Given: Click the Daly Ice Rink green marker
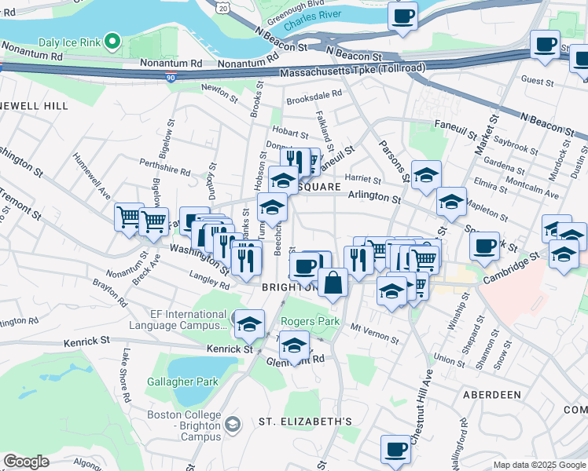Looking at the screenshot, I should click(x=112, y=41).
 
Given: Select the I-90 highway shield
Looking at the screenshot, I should click(x=171, y=77).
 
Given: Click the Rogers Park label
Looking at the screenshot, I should click(x=311, y=321).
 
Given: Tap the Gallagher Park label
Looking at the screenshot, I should click(x=182, y=382).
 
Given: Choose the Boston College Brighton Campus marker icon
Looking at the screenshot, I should click(x=233, y=425).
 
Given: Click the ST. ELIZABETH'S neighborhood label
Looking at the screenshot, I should click(x=305, y=422).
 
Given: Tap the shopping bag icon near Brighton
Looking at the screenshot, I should click(x=333, y=283).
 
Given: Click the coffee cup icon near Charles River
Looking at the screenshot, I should click(x=403, y=16).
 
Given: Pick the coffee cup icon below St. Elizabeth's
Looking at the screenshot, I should click(x=396, y=450).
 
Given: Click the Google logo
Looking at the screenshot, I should click(x=26, y=461).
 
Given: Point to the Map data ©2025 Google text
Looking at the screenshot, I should click(x=538, y=465).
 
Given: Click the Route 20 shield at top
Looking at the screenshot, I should click(x=224, y=7).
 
